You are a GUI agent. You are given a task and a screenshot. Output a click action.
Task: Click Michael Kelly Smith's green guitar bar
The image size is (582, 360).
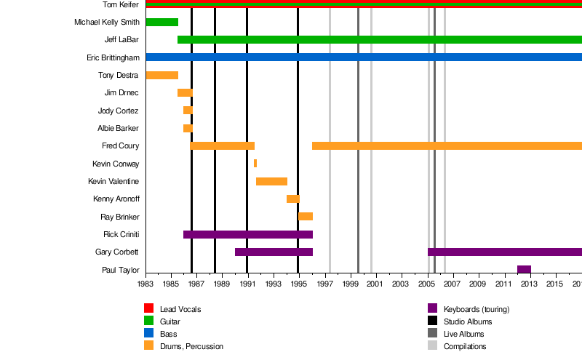point(162,22)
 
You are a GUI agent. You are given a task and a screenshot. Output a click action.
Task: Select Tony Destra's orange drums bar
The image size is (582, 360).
point(162,75)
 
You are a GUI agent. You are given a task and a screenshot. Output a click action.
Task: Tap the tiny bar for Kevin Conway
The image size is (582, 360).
point(255,164)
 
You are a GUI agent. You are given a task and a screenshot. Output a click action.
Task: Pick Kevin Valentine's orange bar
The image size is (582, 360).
point(271,181)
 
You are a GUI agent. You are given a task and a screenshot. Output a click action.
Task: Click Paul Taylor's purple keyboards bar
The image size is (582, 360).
point(524,270)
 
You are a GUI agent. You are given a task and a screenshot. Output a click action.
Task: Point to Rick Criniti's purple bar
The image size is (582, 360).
point(247,234)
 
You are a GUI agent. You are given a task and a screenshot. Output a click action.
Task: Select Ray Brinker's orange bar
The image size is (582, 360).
point(306,217)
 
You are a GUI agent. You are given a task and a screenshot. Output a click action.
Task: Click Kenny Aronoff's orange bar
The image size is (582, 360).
point(292,199)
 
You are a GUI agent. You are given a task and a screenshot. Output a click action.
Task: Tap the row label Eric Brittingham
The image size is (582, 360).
point(113,57)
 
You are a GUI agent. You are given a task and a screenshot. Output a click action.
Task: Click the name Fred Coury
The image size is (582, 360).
point(120,146)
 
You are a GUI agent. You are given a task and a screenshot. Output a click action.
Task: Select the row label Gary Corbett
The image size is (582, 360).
point(117,252)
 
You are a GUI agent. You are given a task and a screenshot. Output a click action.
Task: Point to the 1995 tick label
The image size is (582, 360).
point(298,284)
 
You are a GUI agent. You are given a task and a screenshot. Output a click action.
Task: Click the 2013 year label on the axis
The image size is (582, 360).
point(529,284)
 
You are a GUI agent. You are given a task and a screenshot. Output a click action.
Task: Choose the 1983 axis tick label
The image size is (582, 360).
point(145,284)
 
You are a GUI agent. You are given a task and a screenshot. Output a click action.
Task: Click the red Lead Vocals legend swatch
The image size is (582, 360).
point(148,308)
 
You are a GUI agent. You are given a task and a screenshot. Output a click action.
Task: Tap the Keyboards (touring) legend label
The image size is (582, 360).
point(477,309)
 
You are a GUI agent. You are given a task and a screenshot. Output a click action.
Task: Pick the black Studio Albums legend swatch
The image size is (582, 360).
point(432,321)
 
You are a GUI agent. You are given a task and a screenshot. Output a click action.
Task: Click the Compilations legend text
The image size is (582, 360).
point(465,346)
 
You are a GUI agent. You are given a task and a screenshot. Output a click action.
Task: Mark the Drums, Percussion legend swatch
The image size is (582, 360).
point(148,346)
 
